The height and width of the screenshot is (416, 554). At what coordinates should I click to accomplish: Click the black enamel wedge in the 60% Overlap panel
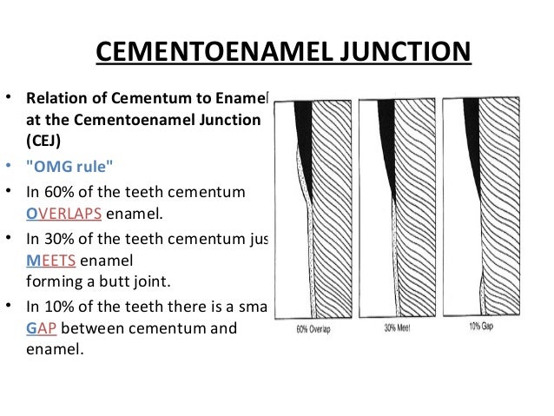click(304, 130)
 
